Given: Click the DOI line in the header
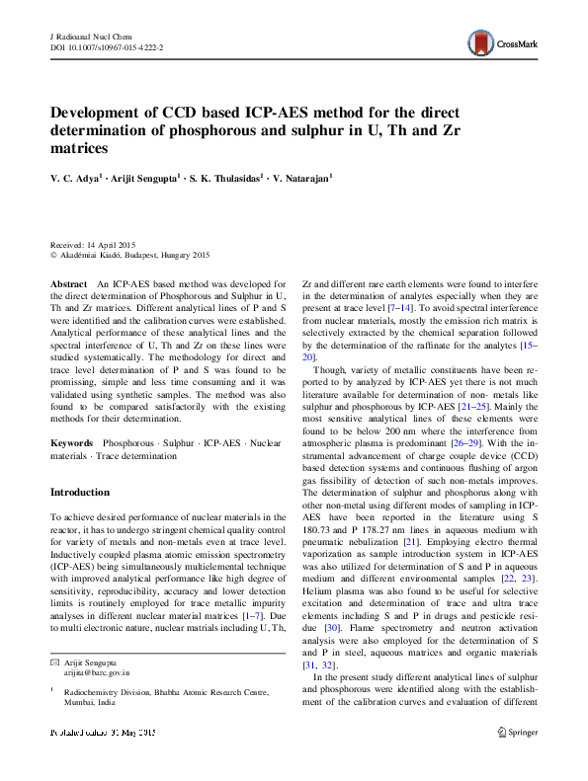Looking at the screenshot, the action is (x=107, y=46).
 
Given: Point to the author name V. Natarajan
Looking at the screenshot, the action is (x=302, y=179).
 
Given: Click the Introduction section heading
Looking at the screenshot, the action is (x=80, y=492).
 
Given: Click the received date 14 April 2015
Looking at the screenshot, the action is (x=113, y=244).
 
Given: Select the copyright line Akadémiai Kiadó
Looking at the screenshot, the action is (x=109, y=254).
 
